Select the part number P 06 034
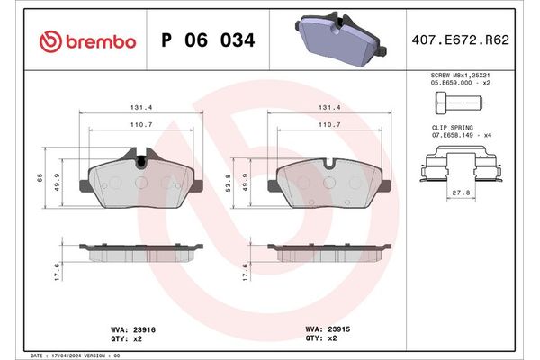[x=207, y=41]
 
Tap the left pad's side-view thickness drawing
[x=140, y=251]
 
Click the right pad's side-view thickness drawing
[x=333, y=251]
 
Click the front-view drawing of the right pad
[x=333, y=183]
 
